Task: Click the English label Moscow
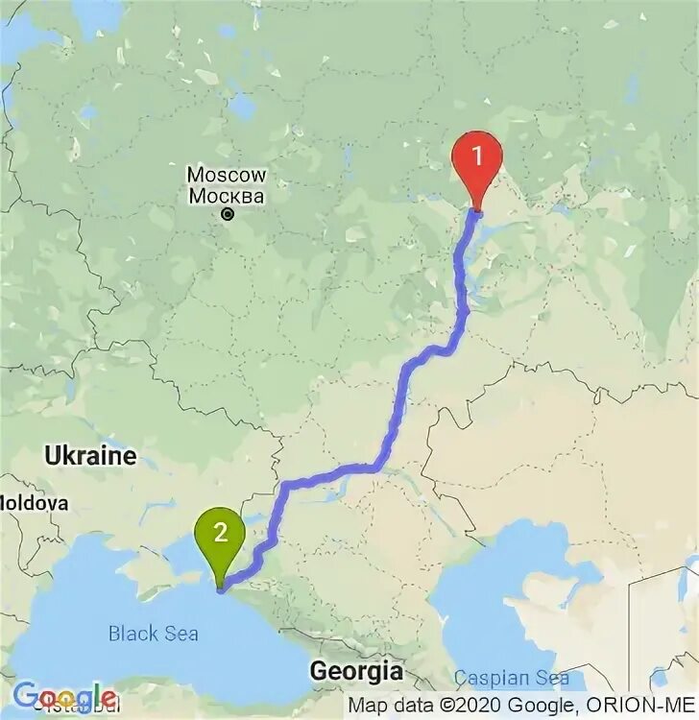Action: (226, 176)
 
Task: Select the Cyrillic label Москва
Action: (226, 197)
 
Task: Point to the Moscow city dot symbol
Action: (227, 215)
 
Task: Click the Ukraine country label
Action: (90, 455)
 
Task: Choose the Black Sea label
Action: (154, 634)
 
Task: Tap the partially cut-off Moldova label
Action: (34, 502)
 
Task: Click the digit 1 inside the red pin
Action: (477, 154)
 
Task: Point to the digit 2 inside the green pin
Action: (220, 532)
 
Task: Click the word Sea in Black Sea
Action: (181, 634)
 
